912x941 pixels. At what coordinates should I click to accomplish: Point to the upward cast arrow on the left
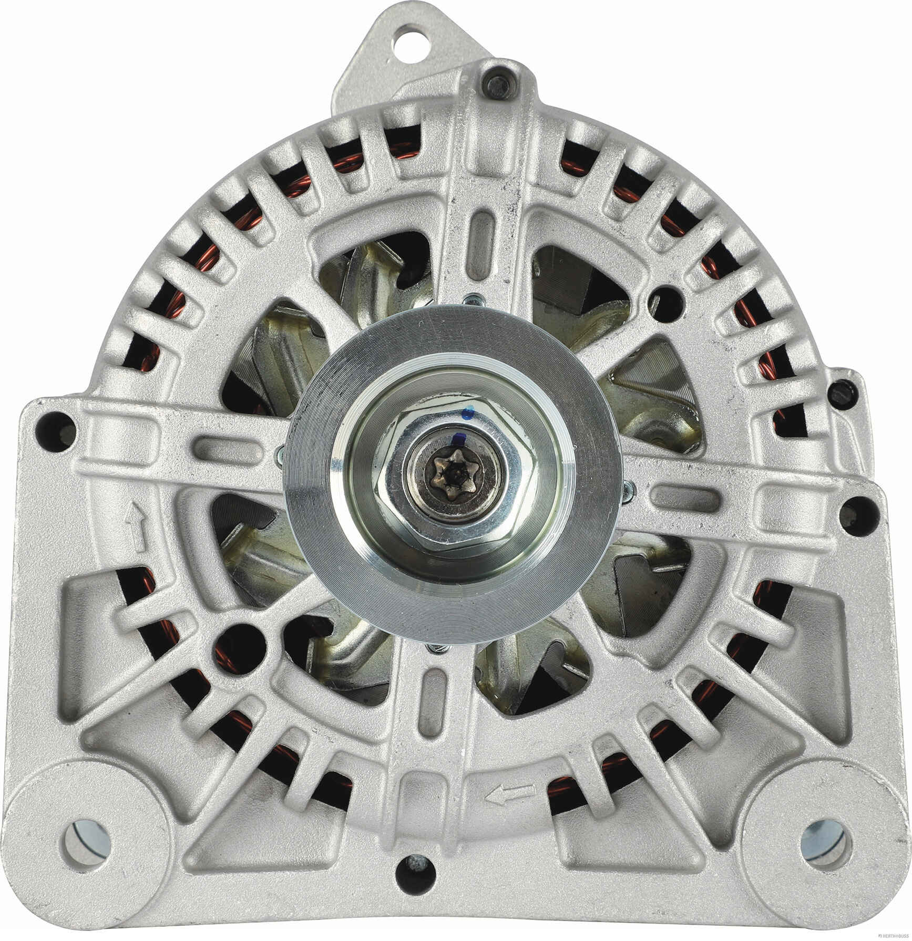(138, 526)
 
